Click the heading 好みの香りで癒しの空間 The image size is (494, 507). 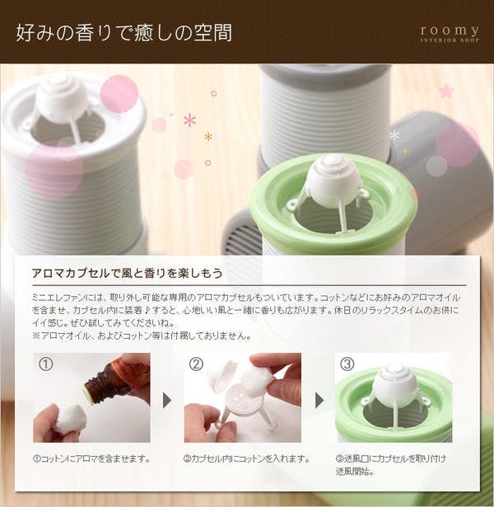click(x=124, y=33)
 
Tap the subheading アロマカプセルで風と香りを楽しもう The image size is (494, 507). click(x=128, y=273)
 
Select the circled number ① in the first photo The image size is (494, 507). click(x=45, y=364)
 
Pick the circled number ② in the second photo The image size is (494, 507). click(x=196, y=364)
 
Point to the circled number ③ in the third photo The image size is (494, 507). click(x=347, y=364)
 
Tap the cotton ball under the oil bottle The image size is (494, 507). click(x=70, y=418)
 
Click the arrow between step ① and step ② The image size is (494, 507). click(x=167, y=401)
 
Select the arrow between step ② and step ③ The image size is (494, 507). click(x=319, y=401)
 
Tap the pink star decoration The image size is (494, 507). click(x=446, y=91)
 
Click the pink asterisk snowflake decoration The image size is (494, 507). click(x=190, y=120)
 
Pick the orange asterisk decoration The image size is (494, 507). click(x=208, y=137)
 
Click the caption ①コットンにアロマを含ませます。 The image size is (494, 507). click(x=91, y=459)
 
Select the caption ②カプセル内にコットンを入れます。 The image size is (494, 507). click(x=247, y=459)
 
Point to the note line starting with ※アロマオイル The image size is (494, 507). click(x=142, y=336)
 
